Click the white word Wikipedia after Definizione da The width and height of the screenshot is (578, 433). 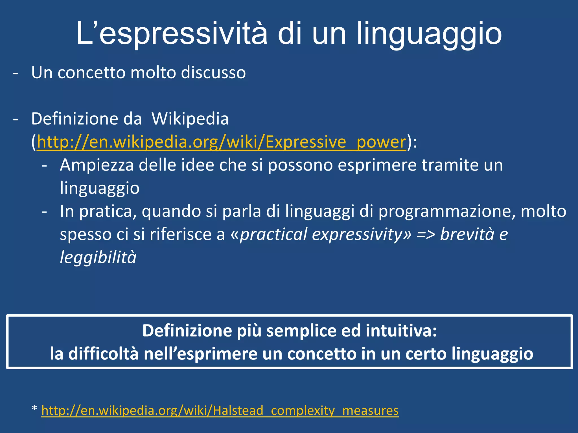click(x=190, y=119)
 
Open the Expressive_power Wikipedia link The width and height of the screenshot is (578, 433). click(x=222, y=142)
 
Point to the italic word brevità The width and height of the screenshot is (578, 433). click(x=467, y=234)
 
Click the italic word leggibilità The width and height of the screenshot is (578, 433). click(x=98, y=257)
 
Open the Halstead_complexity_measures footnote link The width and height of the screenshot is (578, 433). click(x=220, y=410)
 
